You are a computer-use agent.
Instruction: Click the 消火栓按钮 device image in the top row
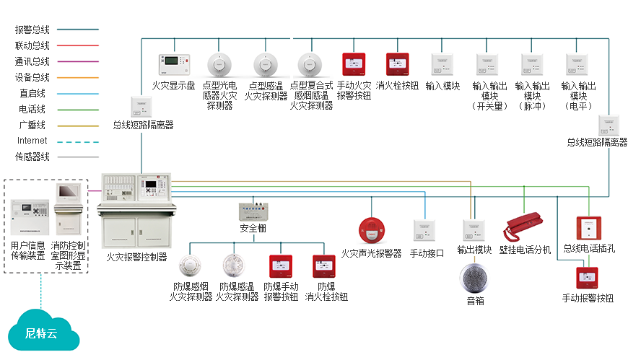[398, 65]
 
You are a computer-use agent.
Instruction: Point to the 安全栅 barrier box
[253, 212]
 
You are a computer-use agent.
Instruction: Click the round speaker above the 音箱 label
[474, 278]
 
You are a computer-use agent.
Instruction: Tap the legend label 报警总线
[32, 30]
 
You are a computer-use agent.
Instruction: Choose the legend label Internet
[32, 141]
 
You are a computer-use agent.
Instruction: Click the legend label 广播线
[32, 125]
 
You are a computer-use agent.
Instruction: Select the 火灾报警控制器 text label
[136, 256]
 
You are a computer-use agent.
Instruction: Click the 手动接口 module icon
[424, 231]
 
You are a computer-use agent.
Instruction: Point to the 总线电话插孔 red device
[588, 228]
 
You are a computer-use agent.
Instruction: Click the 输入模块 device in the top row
[442, 65]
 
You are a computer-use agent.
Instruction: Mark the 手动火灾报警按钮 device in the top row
[354, 65]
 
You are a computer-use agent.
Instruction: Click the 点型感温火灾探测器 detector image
[265, 65]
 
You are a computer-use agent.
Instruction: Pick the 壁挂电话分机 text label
[525, 250]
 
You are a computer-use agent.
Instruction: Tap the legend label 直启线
[32, 93]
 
